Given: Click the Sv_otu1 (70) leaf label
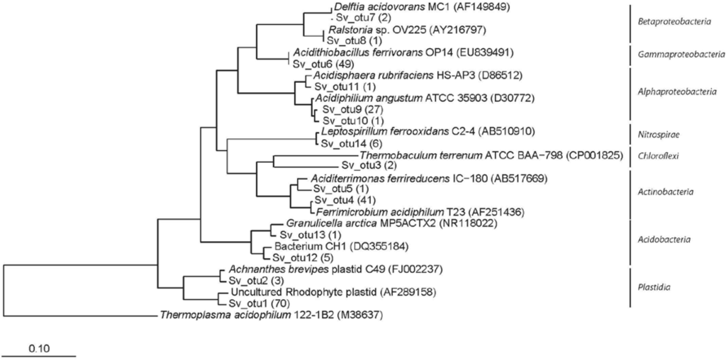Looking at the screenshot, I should pyautogui.click(x=256, y=303).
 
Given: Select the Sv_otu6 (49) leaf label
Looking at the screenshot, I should pyautogui.click(x=318, y=63).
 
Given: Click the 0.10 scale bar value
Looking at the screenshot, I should pyautogui.click(x=40, y=349).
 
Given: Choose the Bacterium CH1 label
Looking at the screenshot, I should pyautogui.click(x=303, y=246).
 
